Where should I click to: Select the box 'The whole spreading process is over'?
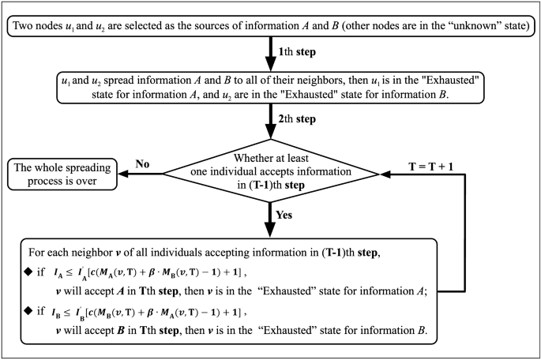click(x=65, y=175)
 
